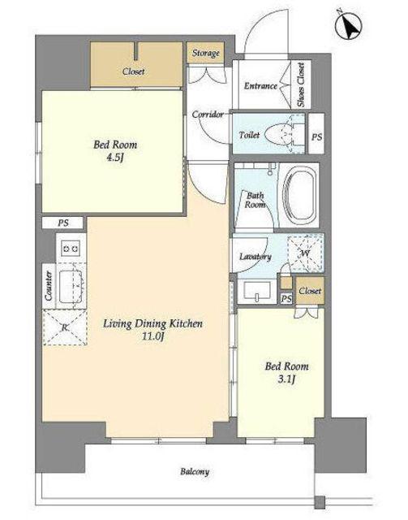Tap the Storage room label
pos(206,53)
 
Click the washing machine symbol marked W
pos(305,253)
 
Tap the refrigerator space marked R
pos(65,327)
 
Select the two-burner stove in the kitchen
pos(71,247)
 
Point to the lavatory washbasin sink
pos(257,291)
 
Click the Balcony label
pos(195,471)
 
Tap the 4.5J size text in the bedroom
pos(114,157)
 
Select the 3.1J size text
pos(286,379)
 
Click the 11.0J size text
pos(152,336)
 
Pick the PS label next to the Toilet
pos(316,136)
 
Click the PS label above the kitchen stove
pos(63,223)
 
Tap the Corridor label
pos(208,115)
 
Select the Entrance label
pos(260,86)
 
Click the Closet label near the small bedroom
pos(310,291)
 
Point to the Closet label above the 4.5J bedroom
pos(133,71)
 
